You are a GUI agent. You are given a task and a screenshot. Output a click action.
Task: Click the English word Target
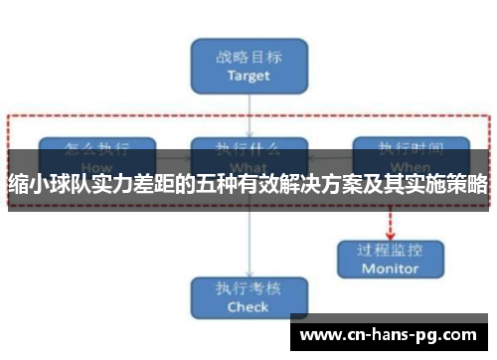click(248, 75)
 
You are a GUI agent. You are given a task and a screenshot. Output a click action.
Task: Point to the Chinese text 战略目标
click(248, 55)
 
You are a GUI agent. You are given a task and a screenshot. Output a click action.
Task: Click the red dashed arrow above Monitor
click(390, 221)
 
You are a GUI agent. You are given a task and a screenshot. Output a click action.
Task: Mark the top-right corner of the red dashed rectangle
click(489, 117)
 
